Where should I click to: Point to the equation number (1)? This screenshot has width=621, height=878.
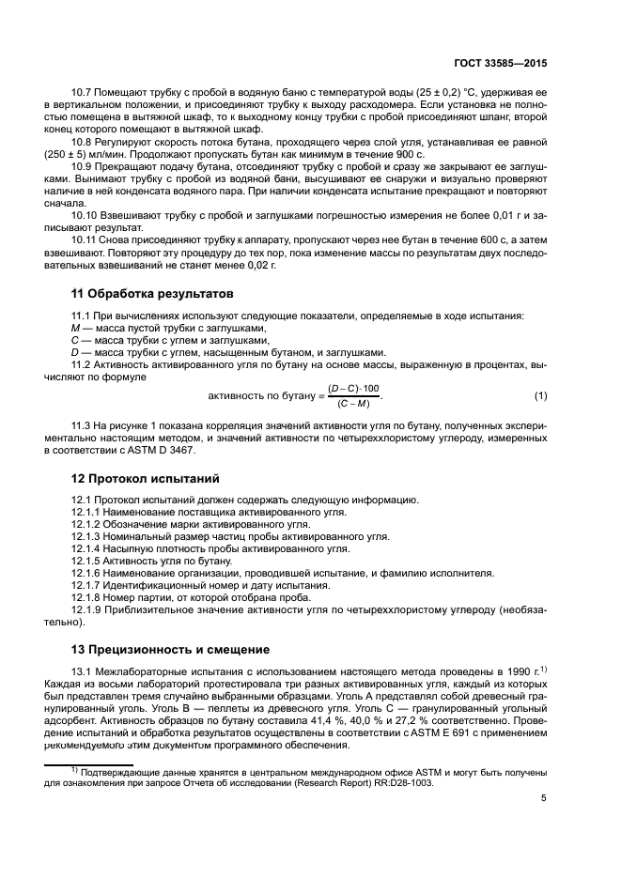tap(540, 396)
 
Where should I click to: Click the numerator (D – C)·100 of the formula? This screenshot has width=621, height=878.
tap(353, 389)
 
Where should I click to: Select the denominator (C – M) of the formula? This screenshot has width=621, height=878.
tap(353, 404)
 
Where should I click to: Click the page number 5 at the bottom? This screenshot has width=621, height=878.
tap(544, 798)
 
